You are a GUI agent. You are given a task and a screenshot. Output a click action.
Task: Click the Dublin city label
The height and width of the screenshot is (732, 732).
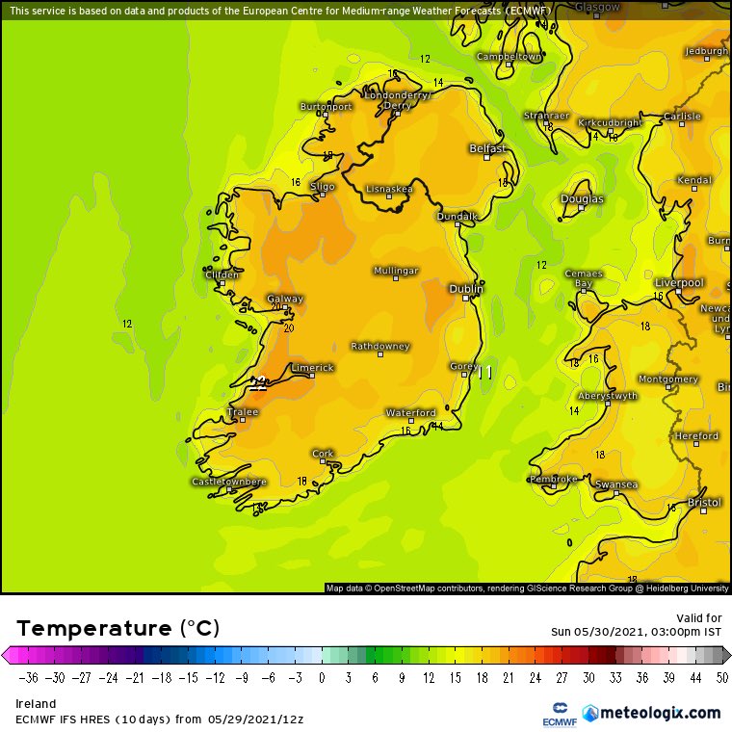tap(466, 288)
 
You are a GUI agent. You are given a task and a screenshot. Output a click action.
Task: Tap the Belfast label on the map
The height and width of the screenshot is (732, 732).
tap(487, 148)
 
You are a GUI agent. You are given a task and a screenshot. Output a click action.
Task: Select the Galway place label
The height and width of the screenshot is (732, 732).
tap(285, 299)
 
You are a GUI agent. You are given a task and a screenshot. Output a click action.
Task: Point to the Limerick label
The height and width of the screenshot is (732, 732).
tap(312, 367)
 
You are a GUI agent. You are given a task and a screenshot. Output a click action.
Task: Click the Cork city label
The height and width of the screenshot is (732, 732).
tap(323, 453)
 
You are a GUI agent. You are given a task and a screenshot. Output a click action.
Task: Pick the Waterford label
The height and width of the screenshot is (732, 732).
tap(411, 412)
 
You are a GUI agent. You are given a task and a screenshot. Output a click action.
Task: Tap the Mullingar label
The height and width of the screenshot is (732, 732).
tap(396, 271)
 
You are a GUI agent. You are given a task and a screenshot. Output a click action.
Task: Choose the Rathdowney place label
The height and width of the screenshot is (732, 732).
tap(379, 346)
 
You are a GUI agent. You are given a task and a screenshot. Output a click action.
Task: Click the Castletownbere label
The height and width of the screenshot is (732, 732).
tap(229, 481)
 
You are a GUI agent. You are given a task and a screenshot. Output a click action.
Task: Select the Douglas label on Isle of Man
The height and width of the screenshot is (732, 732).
tap(583, 199)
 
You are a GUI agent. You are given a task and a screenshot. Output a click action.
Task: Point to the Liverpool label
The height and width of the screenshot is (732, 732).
tap(679, 282)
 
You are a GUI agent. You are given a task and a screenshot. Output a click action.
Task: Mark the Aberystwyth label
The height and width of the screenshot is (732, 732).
tap(608, 396)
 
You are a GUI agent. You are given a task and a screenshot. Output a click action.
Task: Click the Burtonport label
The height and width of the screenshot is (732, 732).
tap(327, 106)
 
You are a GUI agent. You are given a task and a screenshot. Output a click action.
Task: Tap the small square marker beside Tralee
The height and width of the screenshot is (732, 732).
tap(243, 420)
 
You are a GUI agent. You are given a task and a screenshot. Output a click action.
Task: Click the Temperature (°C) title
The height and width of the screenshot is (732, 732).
tap(118, 628)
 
